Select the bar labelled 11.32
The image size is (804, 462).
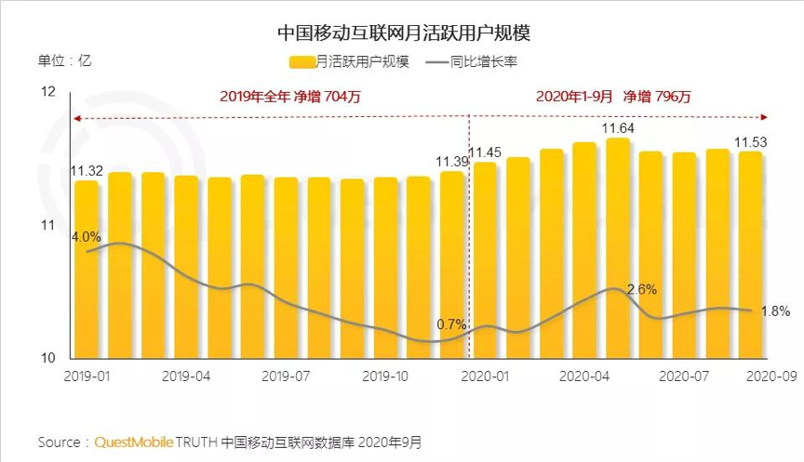pyautogui.click(x=87, y=270)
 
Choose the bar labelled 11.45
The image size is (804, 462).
pyautogui.click(x=485, y=260)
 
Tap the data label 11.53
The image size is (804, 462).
pyautogui.click(x=751, y=142)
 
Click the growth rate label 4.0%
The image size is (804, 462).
pyautogui.click(x=86, y=236)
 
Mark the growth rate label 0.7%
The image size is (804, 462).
pyautogui.click(x=450, y=324)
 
